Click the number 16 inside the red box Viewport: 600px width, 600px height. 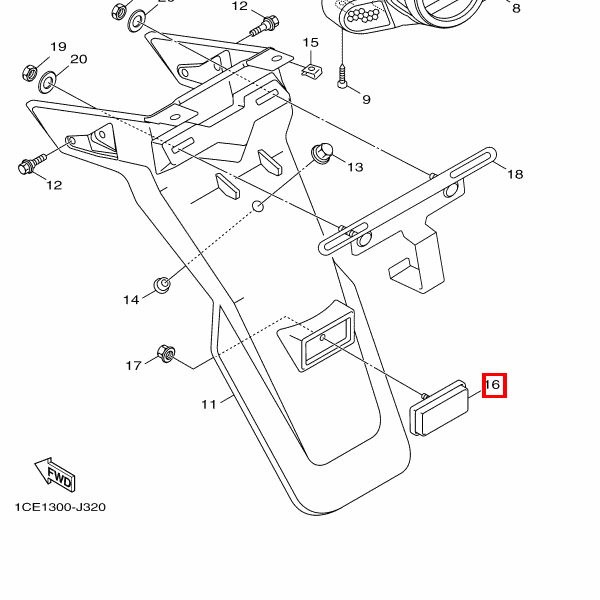pyautogui.click(x=493, y=385)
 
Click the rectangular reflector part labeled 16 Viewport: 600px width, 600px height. pyautogui.click(x=441, y=408)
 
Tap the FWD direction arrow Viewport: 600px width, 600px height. pyautogui.click(x=55, y=475)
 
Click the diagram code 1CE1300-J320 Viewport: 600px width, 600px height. pyautogui.click(x=60, y=507)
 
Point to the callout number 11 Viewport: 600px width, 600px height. pyautogui.click(x=208, y=405)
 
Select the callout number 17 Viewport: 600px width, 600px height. pyautogui.click(x=133, y=366)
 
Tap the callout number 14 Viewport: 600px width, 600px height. pyautogui.click(x=131, y=300)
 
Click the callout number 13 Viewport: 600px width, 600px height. pyautogui.click(x=355, y=167)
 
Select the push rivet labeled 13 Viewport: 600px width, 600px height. pyautogui.click(x=322, y=153)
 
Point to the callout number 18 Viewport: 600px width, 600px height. pyautogui.click(x=514, y=174)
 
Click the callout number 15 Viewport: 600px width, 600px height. pyautogui.click(x=311, y=43)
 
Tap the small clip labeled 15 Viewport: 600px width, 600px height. pyautogui.click(x=312, y=71)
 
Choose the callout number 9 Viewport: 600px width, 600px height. pyautogui.click(x=366, y=99)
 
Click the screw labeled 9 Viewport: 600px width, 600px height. pyautogui.click(x=342, y=75)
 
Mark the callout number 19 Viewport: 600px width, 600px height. pyautogui.click(x=58, y=47)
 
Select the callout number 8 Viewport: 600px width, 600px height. pyautogui.click(x=516, y=8)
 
